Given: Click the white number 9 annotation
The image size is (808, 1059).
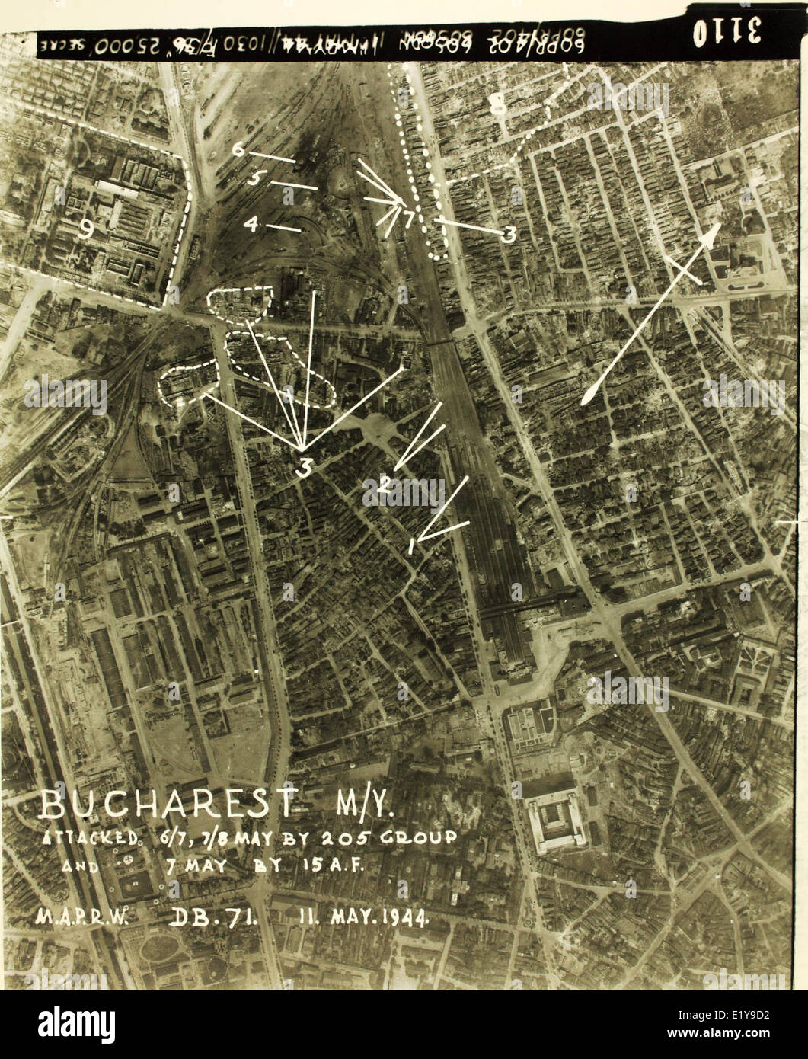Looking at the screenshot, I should pos(86,228).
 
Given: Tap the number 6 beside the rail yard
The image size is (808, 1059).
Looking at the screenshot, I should pos(238,149).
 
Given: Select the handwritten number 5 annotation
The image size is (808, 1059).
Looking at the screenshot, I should pos(256,178).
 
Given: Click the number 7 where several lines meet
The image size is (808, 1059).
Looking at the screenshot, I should pos(409,219).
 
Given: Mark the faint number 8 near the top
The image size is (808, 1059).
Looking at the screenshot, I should pos(497,104).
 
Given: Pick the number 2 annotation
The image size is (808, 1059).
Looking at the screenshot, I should pos(385,483).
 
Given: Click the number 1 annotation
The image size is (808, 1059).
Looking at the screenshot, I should pos(411,545).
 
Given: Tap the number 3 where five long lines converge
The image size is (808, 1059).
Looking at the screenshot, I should pos(304,467).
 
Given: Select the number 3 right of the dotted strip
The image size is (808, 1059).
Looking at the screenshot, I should pos(509,234).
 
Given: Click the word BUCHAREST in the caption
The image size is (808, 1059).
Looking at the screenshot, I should pos(168,803).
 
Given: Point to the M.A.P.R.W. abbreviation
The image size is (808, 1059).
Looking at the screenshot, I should pos(81,917).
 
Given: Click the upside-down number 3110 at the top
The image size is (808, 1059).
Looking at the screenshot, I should pos(727,33).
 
